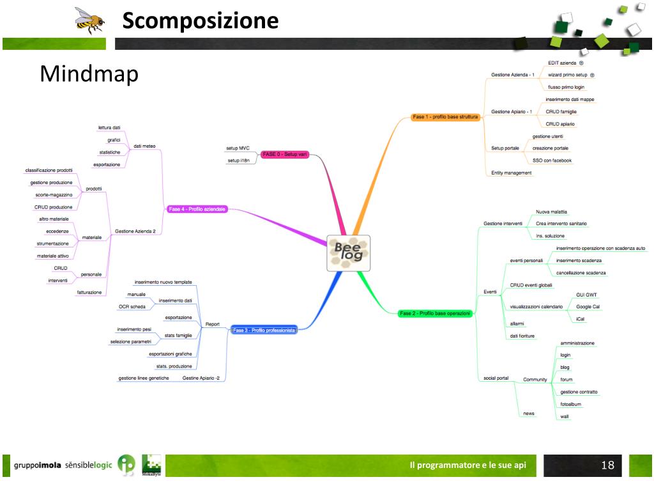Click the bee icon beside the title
click(89, 20)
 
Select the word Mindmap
click(89, 74)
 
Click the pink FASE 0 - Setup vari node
click(285, 155)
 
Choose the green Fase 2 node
click(434, 313)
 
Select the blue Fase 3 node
click(264, 331)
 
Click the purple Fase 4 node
click(197, 209)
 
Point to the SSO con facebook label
click(552, 160)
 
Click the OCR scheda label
click(132, 307)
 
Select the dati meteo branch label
click(144, 146)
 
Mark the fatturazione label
click(89, 292)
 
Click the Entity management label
click(511, 173)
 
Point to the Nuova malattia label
click(551, 212)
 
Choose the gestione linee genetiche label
click(144, 378)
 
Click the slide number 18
click(607, 465)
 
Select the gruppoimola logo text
click(38, 465)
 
